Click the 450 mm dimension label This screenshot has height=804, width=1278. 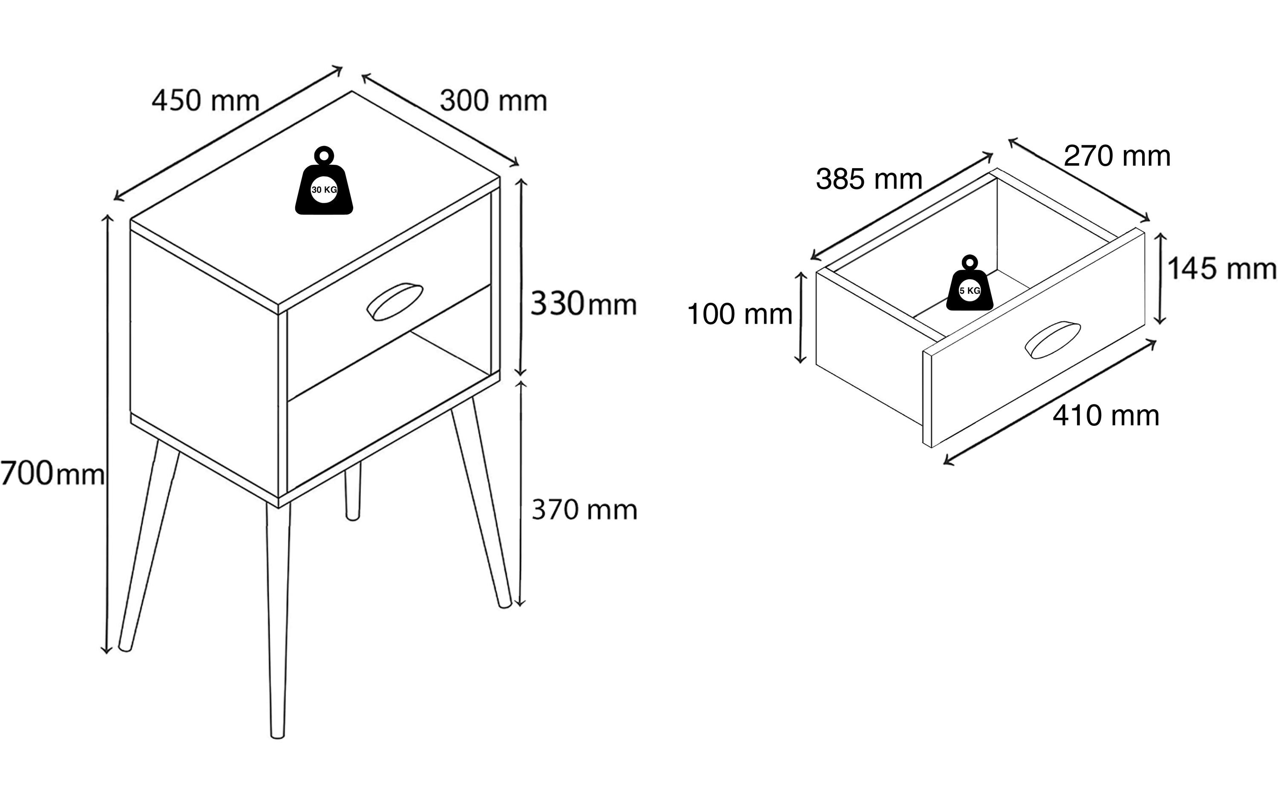point(205,101)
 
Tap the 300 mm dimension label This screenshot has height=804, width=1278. point(493,101)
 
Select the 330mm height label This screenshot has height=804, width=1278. point(583,304)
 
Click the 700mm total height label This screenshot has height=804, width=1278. point(52,474)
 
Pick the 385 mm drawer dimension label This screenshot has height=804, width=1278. point(869,179)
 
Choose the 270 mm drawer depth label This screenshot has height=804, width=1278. point(1117,157)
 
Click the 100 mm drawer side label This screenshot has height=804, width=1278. point(739,315)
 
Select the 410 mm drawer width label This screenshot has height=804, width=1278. point(1106,416)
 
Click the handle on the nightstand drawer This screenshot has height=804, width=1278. point(394,301)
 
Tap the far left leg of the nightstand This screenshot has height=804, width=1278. point(149,547)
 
